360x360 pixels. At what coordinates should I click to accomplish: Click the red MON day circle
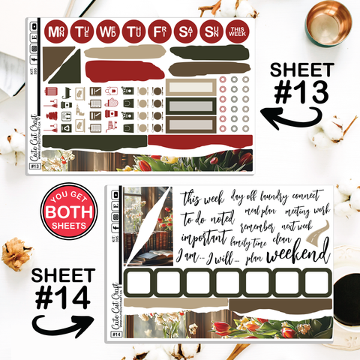coord(55,32)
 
